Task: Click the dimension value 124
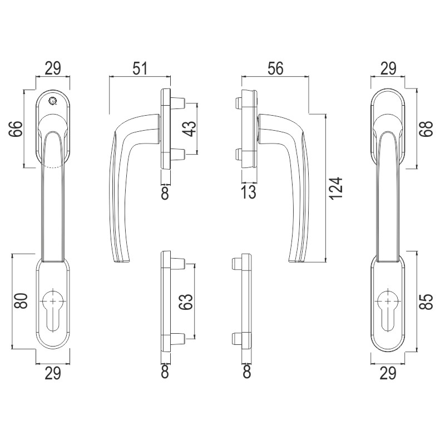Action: (x=337, y=189)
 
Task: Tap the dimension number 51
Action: (x=141, y=68)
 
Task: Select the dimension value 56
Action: (x=275, y=68)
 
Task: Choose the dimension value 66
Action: (x=16, y=129)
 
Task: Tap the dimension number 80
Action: (x=21, y=301)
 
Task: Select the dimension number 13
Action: (x=249, y=192)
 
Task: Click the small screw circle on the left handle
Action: (x=52, y=100)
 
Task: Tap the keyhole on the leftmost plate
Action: (x=53, y=310)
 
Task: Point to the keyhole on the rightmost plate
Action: (x=388, y=310)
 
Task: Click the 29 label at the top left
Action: (x=53, y=68)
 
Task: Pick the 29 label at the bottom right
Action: (x=388, y=373)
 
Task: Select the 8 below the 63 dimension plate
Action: (x=165, y=372)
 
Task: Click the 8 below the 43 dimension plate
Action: (x=165, y=193)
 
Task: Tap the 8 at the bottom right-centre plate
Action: (x=247, y=372)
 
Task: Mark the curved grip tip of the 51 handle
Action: (x=121, y=260)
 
